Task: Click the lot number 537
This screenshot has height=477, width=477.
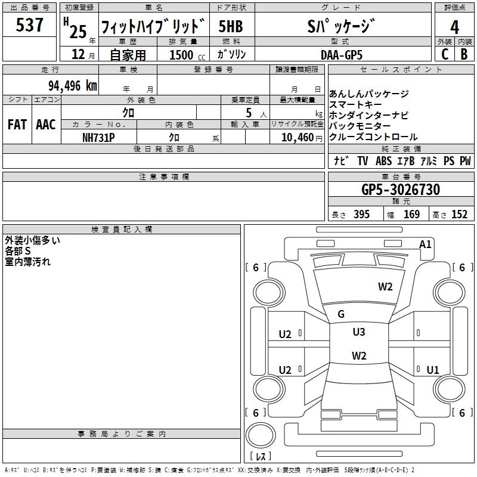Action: [29, 24]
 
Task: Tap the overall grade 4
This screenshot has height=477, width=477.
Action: [454, 27]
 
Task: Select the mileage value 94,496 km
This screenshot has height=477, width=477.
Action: [73, 86]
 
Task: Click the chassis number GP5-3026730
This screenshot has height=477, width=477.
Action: [401, 189]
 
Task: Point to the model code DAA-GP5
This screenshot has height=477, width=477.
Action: [342, 55]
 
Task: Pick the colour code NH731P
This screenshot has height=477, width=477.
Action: [98, 138]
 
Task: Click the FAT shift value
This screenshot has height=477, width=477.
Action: [17, 125]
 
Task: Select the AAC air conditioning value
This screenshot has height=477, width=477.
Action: [46, 125]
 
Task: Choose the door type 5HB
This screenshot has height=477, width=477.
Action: [231, 26]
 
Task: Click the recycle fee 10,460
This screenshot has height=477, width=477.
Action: [298, 138]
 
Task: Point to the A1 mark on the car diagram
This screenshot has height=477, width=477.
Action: [425, 244]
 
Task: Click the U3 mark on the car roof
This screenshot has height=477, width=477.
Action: [359, 332]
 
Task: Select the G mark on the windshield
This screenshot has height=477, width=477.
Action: [341, 314]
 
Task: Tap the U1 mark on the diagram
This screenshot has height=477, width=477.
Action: [433, 370]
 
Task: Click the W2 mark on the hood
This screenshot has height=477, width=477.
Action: [385, 287]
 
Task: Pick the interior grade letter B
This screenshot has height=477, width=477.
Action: [464, 54]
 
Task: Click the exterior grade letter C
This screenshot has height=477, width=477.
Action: [445, 54]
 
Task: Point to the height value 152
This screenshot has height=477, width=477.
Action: [459, 215]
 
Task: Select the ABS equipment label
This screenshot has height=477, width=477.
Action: [383, 161]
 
